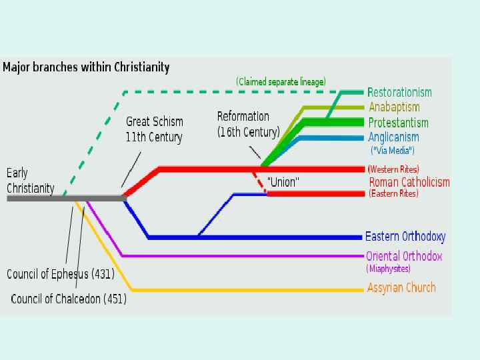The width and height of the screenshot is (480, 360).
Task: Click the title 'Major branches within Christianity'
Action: [x=86, y=67]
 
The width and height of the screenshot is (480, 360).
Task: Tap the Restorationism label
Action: [x=399, y=93]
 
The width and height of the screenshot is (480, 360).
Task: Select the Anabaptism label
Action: [x=394, y=107]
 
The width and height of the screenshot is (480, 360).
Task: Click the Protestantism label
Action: [x=398, y=123]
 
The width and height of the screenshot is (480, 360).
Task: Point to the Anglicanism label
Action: [x=393, y=137]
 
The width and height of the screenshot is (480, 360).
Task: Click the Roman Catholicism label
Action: [x=409, y=182]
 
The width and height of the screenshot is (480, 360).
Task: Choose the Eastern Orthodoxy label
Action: [x=405, y=237]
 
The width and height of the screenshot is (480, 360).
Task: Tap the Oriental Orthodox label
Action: [x=404, y=256]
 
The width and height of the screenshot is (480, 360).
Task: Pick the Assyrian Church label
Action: [x=401, y=288]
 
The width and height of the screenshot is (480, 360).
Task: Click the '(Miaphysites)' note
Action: [x=388, y=269]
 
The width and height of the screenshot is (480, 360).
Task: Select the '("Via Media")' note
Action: [x=392, y=151]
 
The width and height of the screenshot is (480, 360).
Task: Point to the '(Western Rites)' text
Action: [x=393, y=169]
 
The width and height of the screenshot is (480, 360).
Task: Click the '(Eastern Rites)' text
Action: [x=393, y=194]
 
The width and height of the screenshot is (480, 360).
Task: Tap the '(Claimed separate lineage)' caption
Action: [x=281, y=82]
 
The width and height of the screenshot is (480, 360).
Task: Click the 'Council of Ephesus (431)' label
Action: [x=61, y=274]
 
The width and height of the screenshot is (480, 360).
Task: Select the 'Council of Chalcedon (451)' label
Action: [x=69, y=299]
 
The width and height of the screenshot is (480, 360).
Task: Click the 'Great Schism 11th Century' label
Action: [x=155, y=129]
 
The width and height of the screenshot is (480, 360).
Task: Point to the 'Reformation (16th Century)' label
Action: [x=248, y=124]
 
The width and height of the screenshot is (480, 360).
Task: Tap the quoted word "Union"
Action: [x=283, y=181]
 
